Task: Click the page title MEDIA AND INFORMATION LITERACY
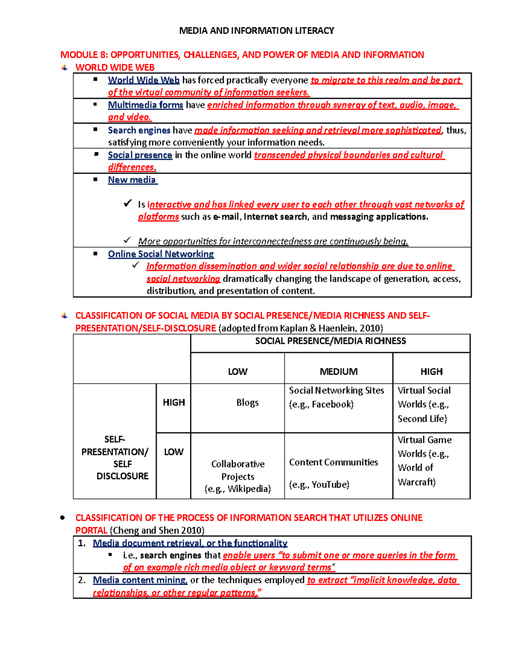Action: click(256, 30)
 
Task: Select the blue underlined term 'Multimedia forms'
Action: click(145, 105)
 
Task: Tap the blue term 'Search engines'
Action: click(139, 130)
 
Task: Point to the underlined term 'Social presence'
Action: click(140, 155)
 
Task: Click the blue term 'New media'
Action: click(132, 180)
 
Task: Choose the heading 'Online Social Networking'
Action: click(161, 254)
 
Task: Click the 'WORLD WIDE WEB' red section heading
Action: click(115, 67)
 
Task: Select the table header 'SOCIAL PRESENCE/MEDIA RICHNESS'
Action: click(330, 341)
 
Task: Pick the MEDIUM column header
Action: click(339, 372)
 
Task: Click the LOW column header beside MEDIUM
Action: click(237, 372)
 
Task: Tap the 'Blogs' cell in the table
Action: click(247, 402)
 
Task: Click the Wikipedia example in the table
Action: click(238, 489)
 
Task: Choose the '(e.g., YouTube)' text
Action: click(319, 484)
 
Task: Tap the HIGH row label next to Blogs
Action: click(174, 402)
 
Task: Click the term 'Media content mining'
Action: click(140, 580)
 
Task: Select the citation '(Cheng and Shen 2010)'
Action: click(157, 531)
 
